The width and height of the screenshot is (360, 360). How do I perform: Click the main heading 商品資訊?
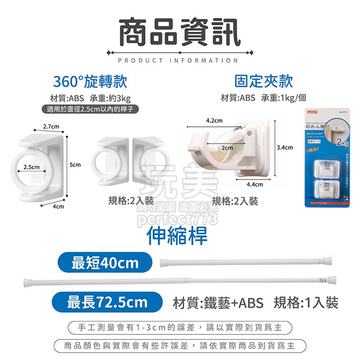pyautogui.click(x=180, y=31)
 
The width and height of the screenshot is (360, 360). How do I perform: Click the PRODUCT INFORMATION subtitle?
pyautogui.click(x=180, y=60)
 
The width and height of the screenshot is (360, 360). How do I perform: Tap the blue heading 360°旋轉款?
pyautogui.click(x=90, y=82)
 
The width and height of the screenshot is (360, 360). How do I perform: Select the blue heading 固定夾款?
pyautogui.click(x=264, y=81)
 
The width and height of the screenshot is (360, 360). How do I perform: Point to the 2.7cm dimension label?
pyautogui.click(x=52, y=126)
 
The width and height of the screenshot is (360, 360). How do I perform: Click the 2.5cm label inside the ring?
pyautogui.click(x=32, y=167)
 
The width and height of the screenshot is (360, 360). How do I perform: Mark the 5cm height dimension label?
pyautogui.click(x=75, y=165)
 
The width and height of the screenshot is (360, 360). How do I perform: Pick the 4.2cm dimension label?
pyautogui.click(x=214, y=121)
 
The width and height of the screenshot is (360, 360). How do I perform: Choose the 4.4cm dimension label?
pyautogui.click(x=255, y=184)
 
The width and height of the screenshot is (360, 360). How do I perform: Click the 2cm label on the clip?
pyautogui.click(x=227, y=148)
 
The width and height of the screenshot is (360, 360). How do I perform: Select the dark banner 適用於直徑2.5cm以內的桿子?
pyautogui.click(x=89, y=109)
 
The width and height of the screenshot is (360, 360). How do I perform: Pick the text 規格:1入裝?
pyautogui.click(x=306, y=302)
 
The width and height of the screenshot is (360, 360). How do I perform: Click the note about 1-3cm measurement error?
pyautogui.click(x=180, y=327)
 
